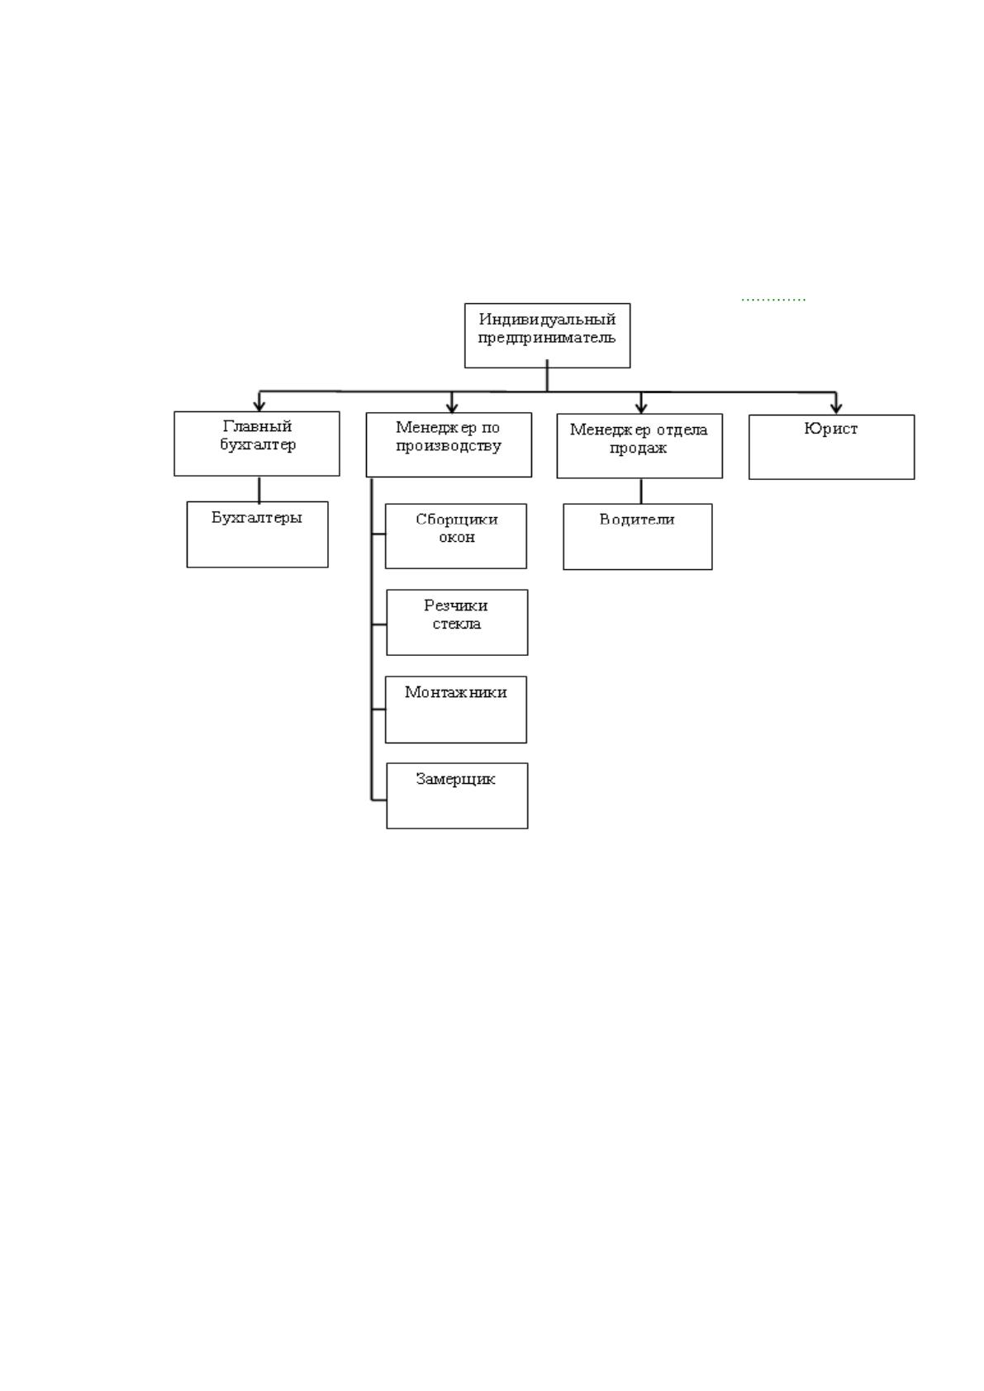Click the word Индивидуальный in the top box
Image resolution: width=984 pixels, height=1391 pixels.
[547, 320]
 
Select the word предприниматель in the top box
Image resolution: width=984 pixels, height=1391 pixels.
[547, 339]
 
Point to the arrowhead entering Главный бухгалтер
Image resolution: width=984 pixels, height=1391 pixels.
[259, 405]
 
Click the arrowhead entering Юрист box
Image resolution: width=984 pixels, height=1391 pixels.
[836, 407]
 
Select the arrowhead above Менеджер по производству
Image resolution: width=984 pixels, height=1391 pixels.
[452, 406]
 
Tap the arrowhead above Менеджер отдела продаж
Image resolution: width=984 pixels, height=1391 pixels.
[641, 407]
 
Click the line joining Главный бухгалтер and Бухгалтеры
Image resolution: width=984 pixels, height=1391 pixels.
[259, 489]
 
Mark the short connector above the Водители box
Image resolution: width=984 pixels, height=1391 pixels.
[641, 491]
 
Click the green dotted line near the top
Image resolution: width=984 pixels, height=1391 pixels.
[773, 300]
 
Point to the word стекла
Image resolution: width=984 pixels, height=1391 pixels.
[457, 624]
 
